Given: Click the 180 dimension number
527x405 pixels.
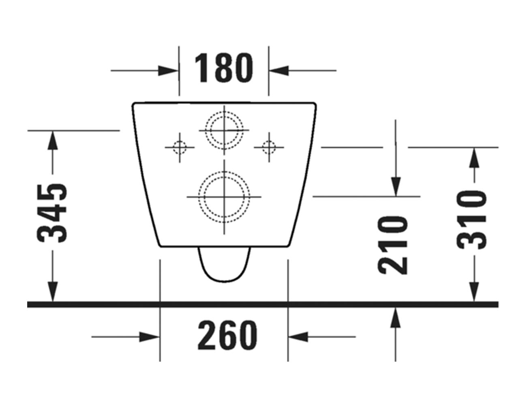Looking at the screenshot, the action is pyautogui.click(x=224, y=68).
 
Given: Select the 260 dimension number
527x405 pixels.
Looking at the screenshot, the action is pyautogui.click(x=227, y=335).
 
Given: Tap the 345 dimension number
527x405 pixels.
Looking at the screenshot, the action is pyautogui.click(x=51, y=213).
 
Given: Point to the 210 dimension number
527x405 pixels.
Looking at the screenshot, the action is pyautogui.click(x=392, y=245).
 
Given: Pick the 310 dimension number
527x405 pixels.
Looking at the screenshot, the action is pyautogui.click(x=471, y=220).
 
